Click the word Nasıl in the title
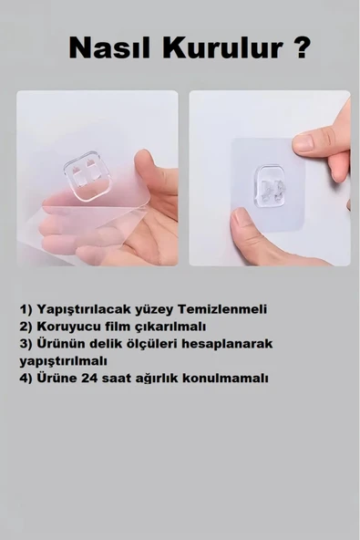pos(109,48)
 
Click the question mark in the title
pos(300,47)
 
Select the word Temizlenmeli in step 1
pos(222,309)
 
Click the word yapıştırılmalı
pos(64,361)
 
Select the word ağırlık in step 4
pos(158,379)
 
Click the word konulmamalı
pos(225,378)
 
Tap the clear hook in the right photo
pos(270,187)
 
